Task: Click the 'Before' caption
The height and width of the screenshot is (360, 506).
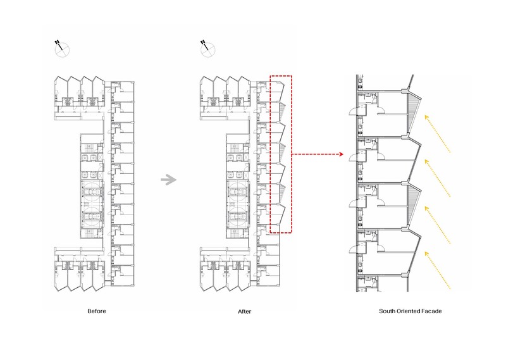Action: click(97, 311)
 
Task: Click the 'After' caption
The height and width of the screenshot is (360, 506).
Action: click(244, 311)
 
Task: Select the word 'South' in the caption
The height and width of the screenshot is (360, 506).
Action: click(387, 311)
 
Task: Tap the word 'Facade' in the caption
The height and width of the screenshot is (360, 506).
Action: click(432, 311)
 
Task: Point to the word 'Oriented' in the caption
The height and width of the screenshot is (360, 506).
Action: click(409, 311)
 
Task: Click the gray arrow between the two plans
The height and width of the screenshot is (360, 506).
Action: click(169, 180)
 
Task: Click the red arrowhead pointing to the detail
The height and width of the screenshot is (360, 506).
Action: click(341, 154)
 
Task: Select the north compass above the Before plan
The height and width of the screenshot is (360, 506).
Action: click(61, 49)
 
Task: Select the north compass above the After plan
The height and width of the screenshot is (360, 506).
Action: click(207, 49)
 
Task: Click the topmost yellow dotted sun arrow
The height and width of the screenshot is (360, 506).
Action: click(437, 133)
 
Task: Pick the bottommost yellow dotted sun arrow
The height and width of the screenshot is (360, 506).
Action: click(437, 271)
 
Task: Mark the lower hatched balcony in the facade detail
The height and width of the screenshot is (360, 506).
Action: click(412, 200)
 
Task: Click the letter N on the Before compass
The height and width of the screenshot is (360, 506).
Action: click(57, 42)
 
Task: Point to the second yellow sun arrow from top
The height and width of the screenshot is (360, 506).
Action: click(437, 178)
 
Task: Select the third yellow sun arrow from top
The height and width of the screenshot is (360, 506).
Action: click(437, 225)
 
